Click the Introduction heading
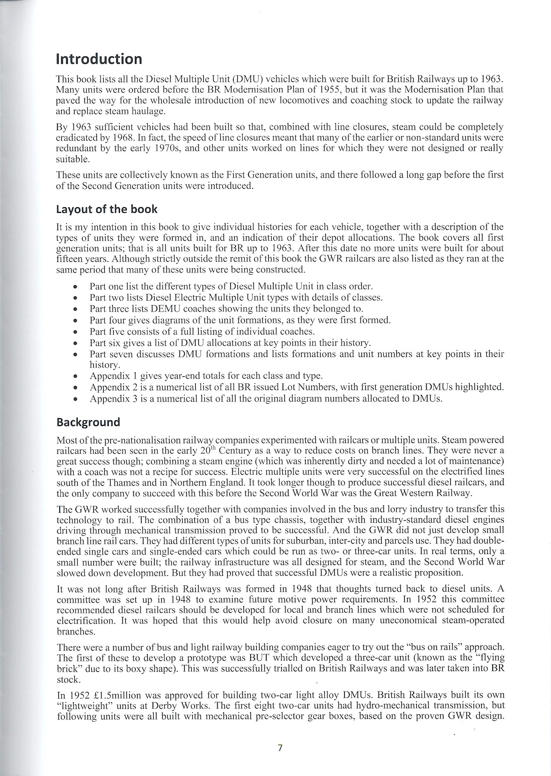pyautogui.click(x=99, y=59)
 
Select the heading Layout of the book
pyautogui.click(x=107, y=210)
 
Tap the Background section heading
pyautogui.click(x=88, y=422)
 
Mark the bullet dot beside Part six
pyautogui.click(x=75, y=343)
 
